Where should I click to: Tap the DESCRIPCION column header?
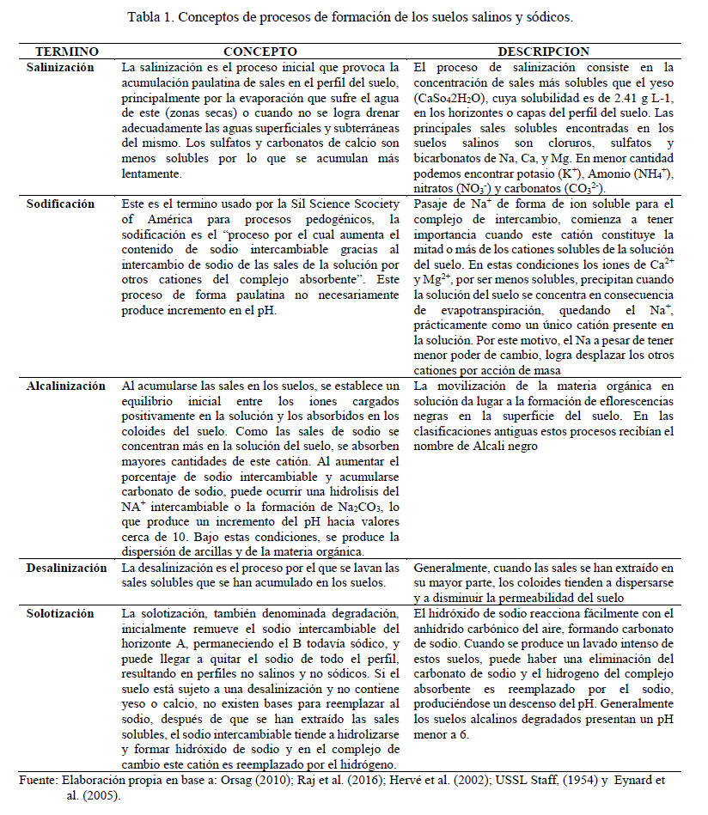tap(543, 52)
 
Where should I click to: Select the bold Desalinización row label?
tap(66, 568)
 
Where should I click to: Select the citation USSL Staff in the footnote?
tap(514, 780)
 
